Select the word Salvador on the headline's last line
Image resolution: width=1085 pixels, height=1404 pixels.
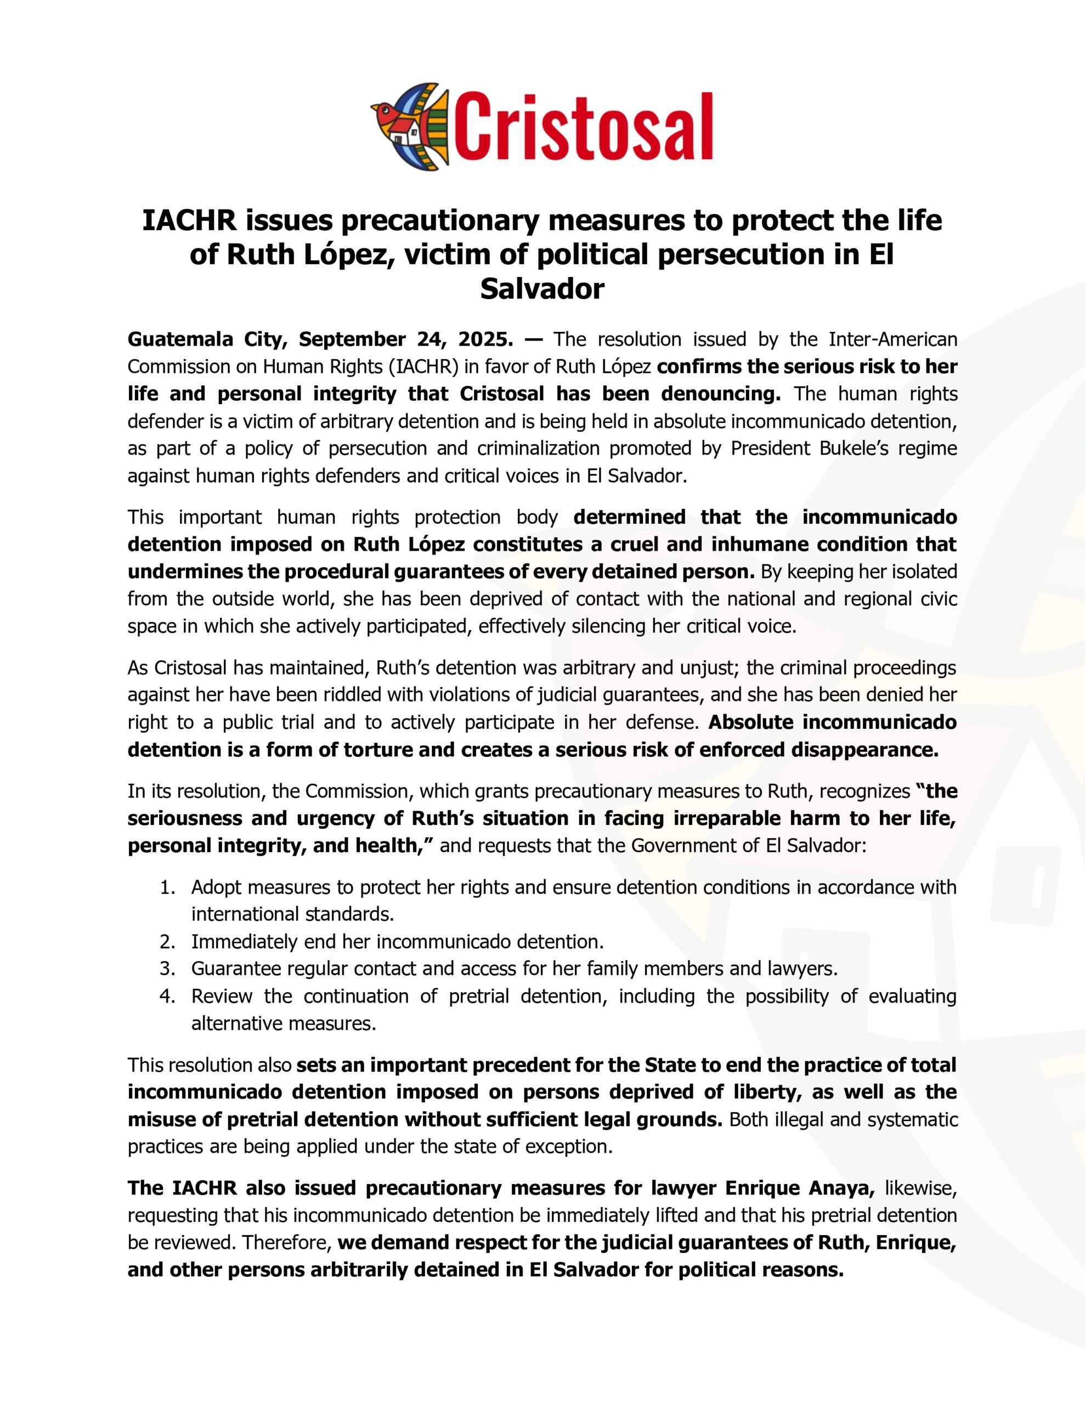coord(542,288)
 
